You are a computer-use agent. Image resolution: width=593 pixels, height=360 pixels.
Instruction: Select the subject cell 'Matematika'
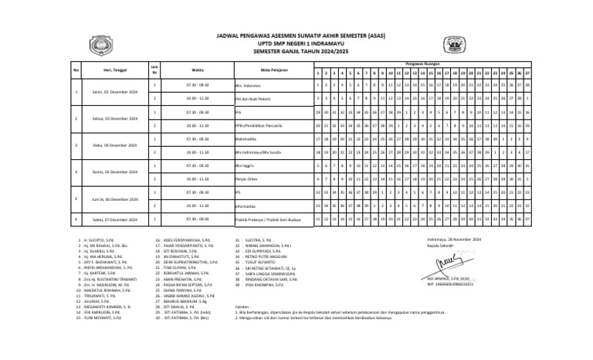point(246,139)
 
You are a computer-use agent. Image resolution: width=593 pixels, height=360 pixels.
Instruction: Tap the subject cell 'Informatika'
point(246,206)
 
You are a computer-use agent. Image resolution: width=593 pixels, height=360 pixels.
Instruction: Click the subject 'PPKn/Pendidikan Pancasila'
point(256,125)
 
